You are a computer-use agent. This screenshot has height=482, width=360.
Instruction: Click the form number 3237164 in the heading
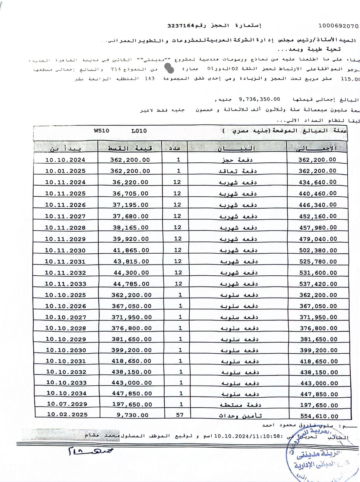[x=181, y=26]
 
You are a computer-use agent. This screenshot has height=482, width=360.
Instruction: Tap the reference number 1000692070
[x=338, y=26]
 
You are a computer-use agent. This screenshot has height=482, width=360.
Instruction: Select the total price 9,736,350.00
[x=259, y=99]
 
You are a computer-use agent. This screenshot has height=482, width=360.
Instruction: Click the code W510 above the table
[x=102, y=131]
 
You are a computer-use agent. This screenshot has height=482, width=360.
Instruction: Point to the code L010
[x=139, y=131]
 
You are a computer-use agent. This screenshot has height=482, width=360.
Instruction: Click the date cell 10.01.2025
[x=65, y=171]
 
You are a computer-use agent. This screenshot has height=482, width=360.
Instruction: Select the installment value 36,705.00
[x=130, y=193]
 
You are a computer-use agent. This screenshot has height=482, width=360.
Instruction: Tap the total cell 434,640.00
[x=317, y=182]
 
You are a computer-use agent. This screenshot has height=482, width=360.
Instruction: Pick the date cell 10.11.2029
[x=65, y=239]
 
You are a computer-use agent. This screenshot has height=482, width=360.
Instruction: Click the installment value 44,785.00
[x=131, y=284]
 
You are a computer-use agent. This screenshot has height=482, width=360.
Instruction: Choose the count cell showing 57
[x=180, y=415]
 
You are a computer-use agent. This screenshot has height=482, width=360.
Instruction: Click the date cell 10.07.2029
[x=67, y=404]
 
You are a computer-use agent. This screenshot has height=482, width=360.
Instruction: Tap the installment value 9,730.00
[x=133, y=415]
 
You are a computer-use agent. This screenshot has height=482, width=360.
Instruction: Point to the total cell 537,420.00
[x=318, y=284]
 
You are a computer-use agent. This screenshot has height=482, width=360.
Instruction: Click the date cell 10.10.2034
[x=66, y=393]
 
